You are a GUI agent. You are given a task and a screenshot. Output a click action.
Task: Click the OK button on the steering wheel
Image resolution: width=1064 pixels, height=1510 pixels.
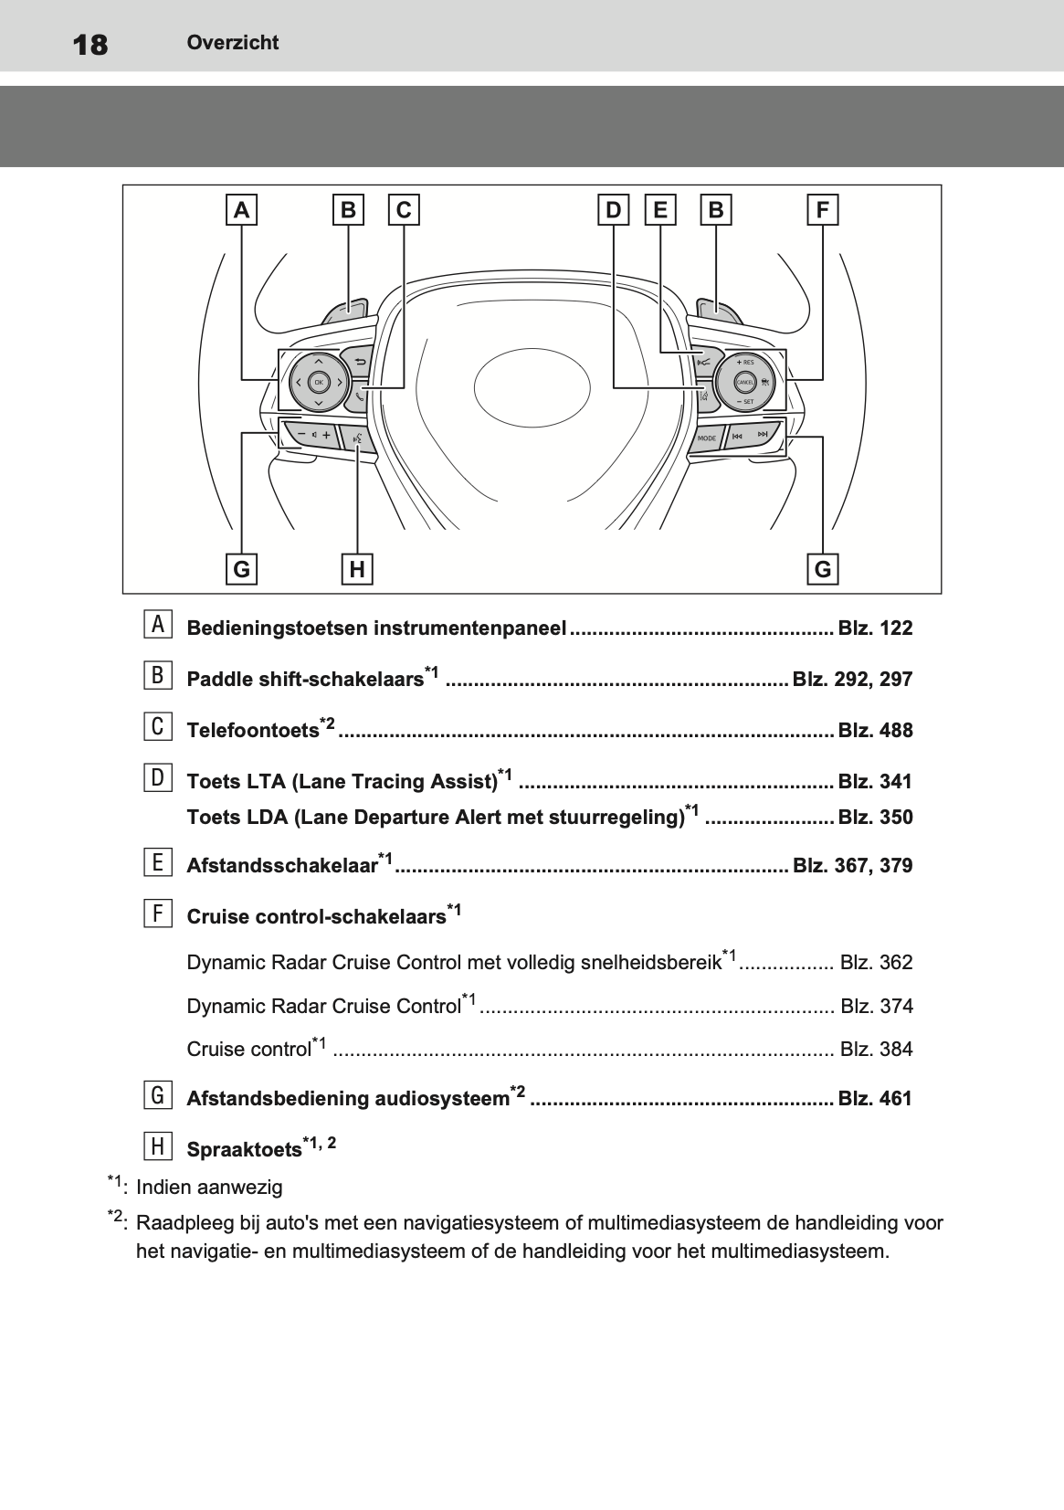coord(318,381)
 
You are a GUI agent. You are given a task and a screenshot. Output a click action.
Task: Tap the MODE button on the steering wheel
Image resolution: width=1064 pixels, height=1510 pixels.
coord(707,438)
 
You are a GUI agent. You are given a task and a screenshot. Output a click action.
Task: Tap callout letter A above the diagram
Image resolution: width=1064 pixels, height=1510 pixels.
coord(241,211)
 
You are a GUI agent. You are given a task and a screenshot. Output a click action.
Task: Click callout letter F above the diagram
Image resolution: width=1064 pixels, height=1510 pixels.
coord(822,211)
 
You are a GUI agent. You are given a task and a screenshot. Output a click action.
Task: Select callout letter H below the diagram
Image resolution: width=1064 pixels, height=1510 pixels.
coord(357,569)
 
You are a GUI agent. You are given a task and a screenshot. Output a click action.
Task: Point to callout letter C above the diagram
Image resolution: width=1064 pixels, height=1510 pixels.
coord(404,211)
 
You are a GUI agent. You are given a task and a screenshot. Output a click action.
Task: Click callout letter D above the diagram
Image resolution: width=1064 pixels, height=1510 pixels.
coord(613,211)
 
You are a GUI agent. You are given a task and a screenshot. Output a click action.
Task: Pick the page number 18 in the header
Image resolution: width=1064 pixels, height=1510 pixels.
coord(90,44)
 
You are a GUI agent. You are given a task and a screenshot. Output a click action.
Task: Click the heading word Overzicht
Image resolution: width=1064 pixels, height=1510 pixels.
coord(233,42)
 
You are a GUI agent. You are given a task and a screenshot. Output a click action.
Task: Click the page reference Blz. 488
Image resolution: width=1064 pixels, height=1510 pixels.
coord(875,731)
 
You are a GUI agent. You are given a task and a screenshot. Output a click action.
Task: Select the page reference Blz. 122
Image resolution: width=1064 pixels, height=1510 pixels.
coord(875,628)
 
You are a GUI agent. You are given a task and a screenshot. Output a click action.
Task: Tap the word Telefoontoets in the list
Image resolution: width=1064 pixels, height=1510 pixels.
coord(252,731)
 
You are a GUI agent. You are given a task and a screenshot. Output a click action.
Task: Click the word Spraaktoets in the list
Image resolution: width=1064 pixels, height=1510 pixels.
coord(244,1150)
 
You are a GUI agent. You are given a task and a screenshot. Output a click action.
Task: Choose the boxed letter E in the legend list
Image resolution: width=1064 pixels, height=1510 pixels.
coord(158,862)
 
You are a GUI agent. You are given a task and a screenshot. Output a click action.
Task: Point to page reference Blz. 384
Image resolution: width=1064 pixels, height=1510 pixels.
coord(876,1050)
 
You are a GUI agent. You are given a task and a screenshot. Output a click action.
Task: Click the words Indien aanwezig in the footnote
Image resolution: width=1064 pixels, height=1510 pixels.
coord(209,1188)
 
